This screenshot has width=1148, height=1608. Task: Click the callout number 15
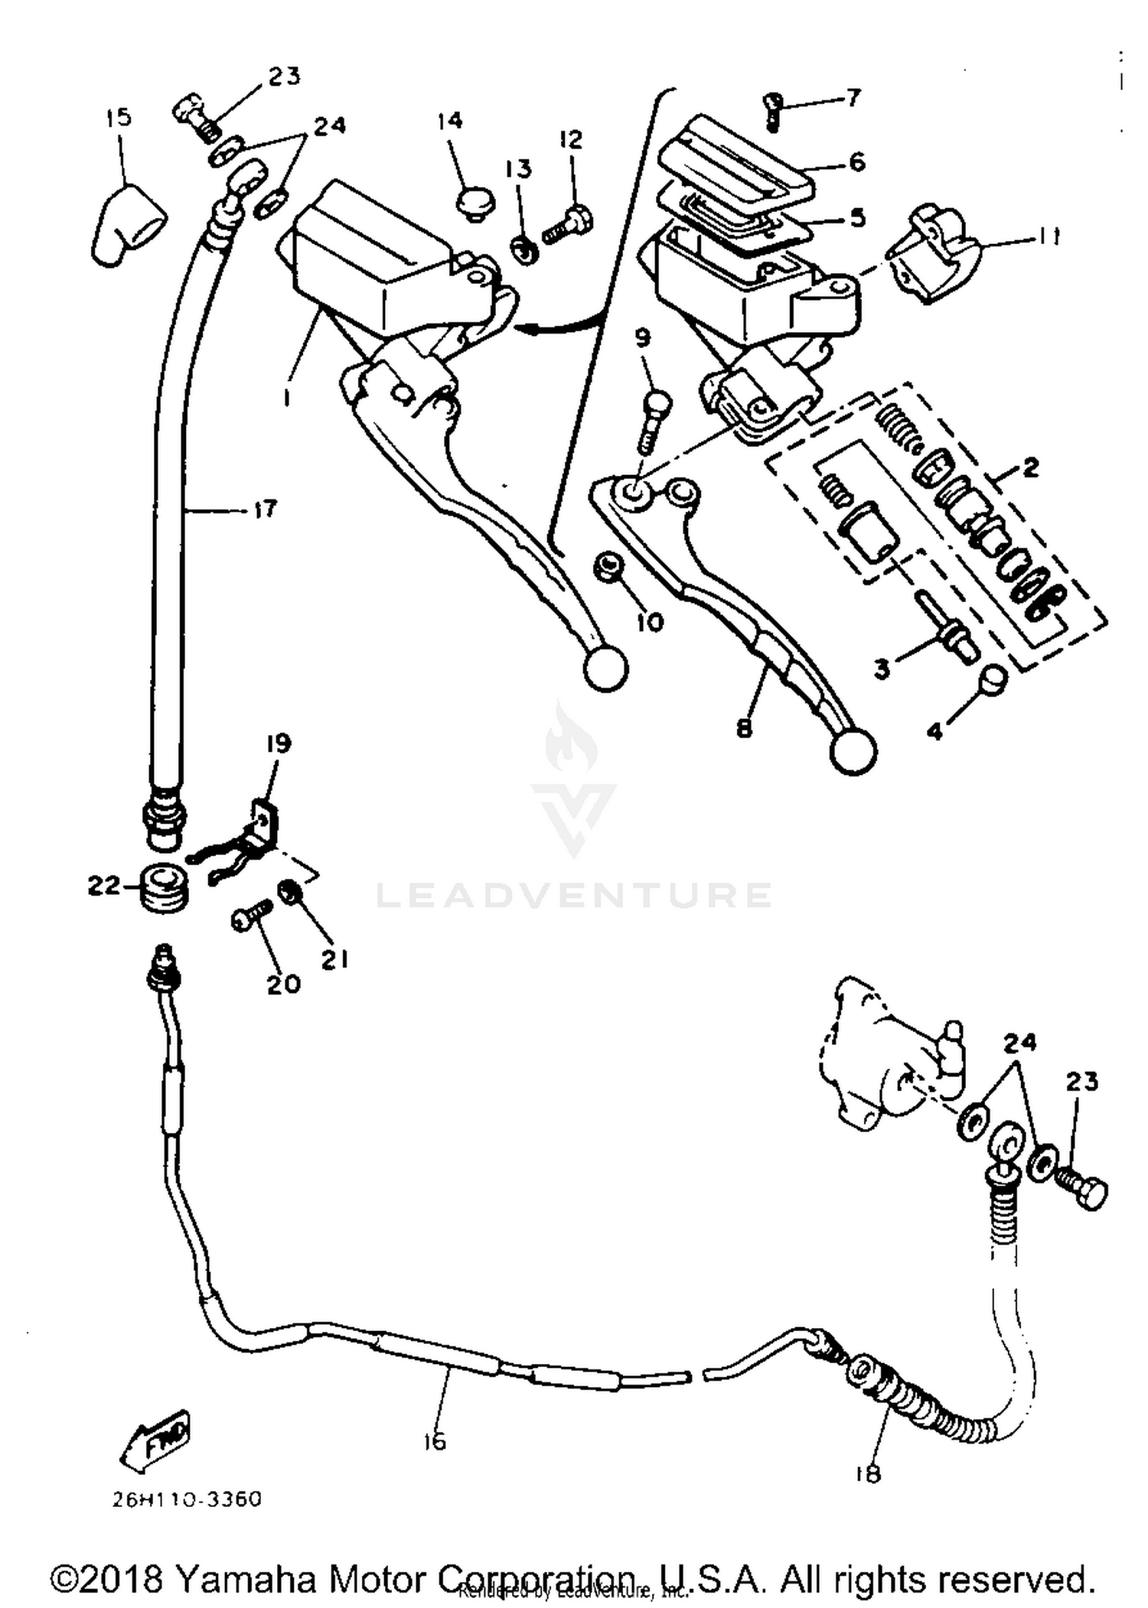click(x=119, y=117)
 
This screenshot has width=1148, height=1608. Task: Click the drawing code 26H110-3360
click(x=187, y=1499)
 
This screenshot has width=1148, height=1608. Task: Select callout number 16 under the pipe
click(x=434, y=1442)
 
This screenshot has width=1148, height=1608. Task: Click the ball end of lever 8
click(x=853, y=753)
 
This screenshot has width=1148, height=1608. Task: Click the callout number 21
click(x=334, y=959)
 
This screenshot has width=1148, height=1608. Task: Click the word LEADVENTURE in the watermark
click(x=574, y=895)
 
